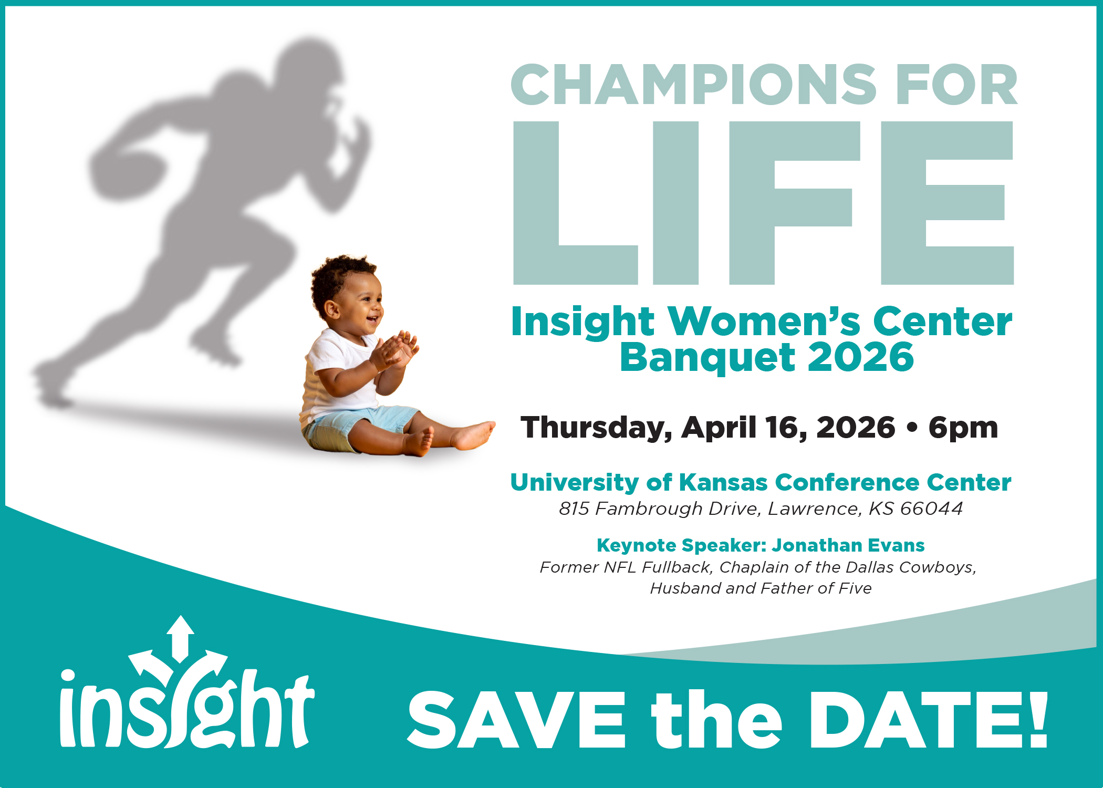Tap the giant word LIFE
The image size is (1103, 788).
[763, 203]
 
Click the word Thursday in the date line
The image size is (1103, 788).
[596, 428]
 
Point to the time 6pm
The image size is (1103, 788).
[963, 428]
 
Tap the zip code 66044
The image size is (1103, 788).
[931, 509]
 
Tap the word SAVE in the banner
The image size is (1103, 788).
[517, 720]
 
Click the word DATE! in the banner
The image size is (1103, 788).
[929, 720]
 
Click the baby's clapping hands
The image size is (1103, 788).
[395, 351]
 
